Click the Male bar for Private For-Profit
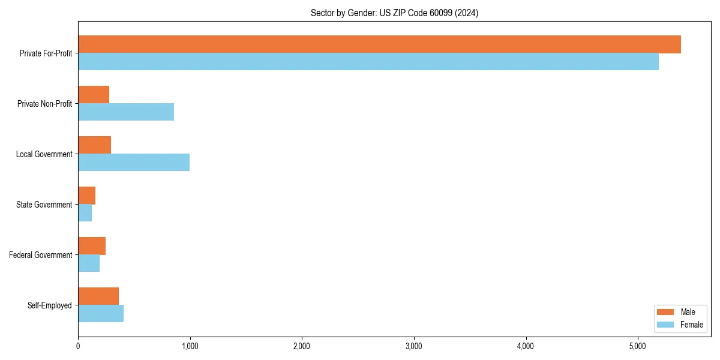379,44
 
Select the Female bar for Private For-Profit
368,62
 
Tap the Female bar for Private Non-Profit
126,112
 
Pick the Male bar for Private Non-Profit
94,95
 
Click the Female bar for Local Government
134,163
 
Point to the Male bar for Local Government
94,145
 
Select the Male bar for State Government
86,196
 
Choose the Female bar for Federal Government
89,263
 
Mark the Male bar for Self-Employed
98,296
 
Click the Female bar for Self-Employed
101,314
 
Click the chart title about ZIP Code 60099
394,13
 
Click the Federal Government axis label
41,255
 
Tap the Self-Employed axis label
50,305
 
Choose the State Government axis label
44,205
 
